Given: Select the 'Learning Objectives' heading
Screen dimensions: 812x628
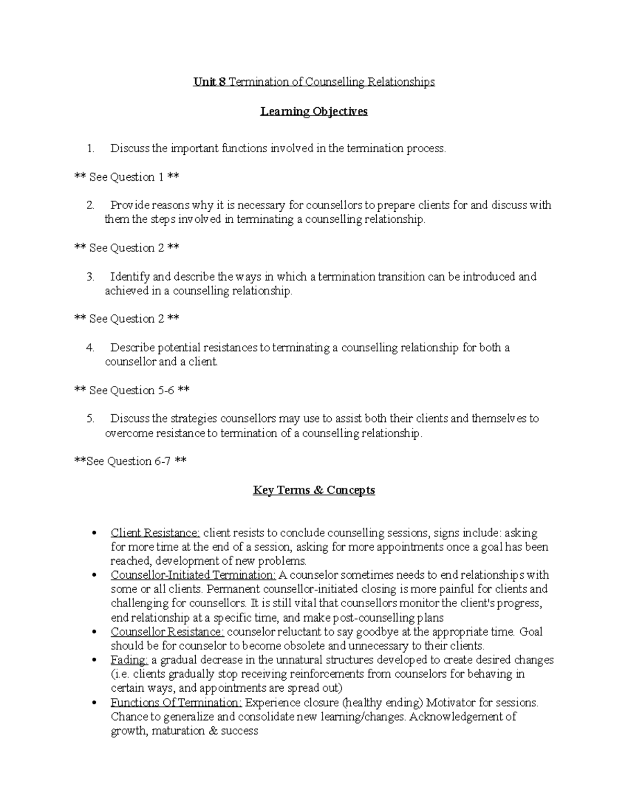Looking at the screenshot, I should pyautogui.click(x=314, y=111).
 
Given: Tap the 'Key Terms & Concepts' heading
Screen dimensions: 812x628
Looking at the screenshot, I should pyautogui.click(x=314, y=490).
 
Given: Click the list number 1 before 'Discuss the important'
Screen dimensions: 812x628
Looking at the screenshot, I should pyautogui.click(x=91, y=149).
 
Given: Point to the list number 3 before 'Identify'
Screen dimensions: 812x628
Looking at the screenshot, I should pyautogui.click(x=91, y=277).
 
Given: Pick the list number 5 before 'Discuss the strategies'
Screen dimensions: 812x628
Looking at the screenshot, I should pyautogui.click(x=91, y=419).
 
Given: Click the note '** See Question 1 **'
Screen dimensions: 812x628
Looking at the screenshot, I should pyautogui.click(x=127, y=177).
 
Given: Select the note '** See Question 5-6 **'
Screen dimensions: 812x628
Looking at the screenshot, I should pyautogui.click(x=132, y=391).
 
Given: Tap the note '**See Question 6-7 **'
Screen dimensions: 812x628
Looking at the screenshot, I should pyautogui.click(x=131, y=461).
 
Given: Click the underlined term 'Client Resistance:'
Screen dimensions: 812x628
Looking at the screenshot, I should pyautogui.click(x=155, y=533).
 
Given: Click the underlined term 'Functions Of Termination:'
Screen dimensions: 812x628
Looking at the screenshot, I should pyautogui.click(x=176, y=703).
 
